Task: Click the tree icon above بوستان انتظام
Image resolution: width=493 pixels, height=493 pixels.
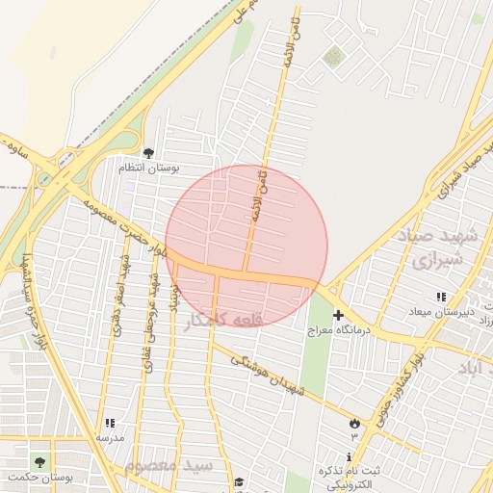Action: [x=148, y=152]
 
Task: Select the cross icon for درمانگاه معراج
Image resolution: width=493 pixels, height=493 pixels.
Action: [x=338, y=315]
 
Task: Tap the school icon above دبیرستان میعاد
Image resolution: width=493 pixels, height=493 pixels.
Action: [x=441, y=297]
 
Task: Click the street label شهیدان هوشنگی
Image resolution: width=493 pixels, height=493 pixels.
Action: [x=272, y=376]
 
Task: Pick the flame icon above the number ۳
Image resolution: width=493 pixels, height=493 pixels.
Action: [x=354, y=423]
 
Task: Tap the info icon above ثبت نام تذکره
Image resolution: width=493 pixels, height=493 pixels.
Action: [x=349, y=456]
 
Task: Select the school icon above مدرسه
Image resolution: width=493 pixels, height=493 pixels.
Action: [x=110, y=423]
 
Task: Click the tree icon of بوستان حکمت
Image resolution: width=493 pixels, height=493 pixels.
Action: [x=39, y=462]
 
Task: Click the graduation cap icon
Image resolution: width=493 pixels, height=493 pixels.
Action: [x=239, y=483]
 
